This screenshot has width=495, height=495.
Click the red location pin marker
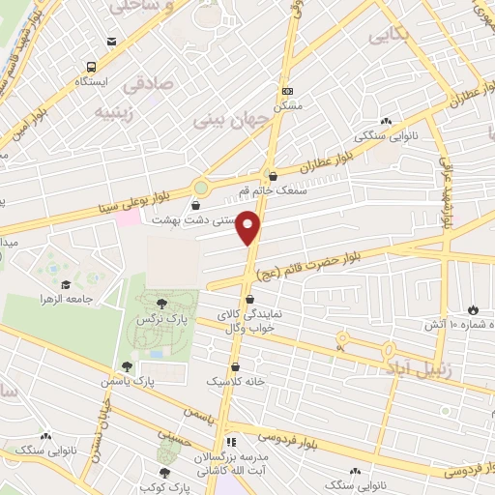pyautogui.click(x=249, y=227)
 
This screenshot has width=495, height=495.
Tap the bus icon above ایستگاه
pyautogui.click(x=91, y=67)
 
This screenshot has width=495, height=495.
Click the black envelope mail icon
pyautogui.click(x=113, y=41)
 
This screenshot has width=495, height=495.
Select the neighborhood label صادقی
pyautogui.click(x=150, y=84)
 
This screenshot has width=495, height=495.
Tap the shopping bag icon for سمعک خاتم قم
pyautogui.click(x=273, y=177)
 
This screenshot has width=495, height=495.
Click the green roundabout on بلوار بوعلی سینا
pyautogui.click(x=201, y=187)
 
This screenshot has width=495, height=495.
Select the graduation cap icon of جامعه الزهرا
pyautogui.click(x=66, y=284)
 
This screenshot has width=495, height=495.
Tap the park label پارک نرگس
pyautogui.click(x=161, y=318)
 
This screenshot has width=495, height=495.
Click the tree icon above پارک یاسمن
pyautogui.click(x=127, y=366)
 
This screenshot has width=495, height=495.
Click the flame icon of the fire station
pyautogui.click(x=473, y=310)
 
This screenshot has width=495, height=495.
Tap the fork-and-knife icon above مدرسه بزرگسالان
pyautogui.click(x=231, y=441)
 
